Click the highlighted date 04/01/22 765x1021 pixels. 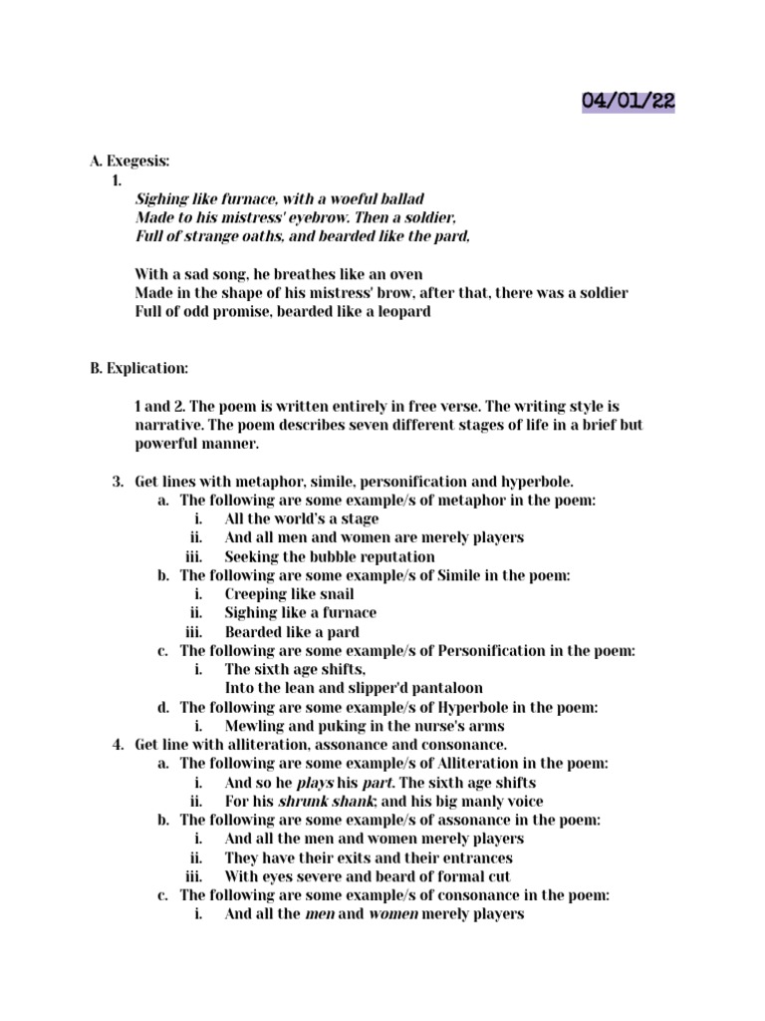click(628, 101)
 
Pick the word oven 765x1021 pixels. click(404, 273)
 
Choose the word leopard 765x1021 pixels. click(398, 311)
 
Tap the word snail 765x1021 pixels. click(333, 594)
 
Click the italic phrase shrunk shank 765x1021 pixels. click(318, 801)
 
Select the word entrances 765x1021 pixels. click(474, 857)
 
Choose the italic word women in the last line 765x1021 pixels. click(392, 914)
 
